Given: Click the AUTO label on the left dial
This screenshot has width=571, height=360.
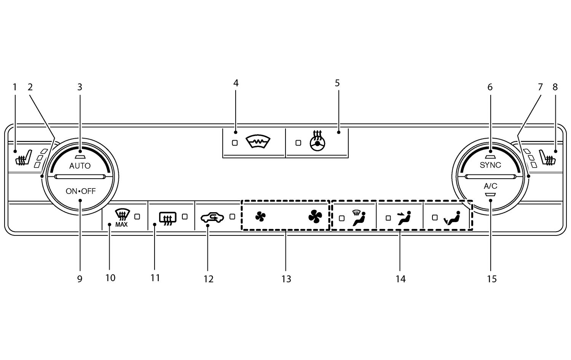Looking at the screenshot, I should click(x=80, y=166).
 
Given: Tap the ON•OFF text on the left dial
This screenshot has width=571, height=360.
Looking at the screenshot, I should click(x=81, y=191).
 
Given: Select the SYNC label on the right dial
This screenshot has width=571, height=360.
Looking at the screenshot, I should click(x=490, y=165).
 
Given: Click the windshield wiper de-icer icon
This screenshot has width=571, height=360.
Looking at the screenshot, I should click(x=258, y=142).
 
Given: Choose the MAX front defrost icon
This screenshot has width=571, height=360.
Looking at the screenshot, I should click(x=121, y=218).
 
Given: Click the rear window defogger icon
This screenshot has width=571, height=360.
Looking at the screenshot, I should click(x=167, y=218).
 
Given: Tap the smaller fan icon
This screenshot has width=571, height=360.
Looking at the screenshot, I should click(x=260, y=217).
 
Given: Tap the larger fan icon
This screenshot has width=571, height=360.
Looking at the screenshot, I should click(x=315, y=217).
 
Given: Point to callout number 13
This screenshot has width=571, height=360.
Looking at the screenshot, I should click(x=286, y=279).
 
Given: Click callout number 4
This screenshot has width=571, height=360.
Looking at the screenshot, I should click(x=236, y=83).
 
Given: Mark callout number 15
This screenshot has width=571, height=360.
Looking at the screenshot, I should click(x=492, y=279).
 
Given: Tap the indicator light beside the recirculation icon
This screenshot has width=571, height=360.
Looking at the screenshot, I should click(x=232, y=216).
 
